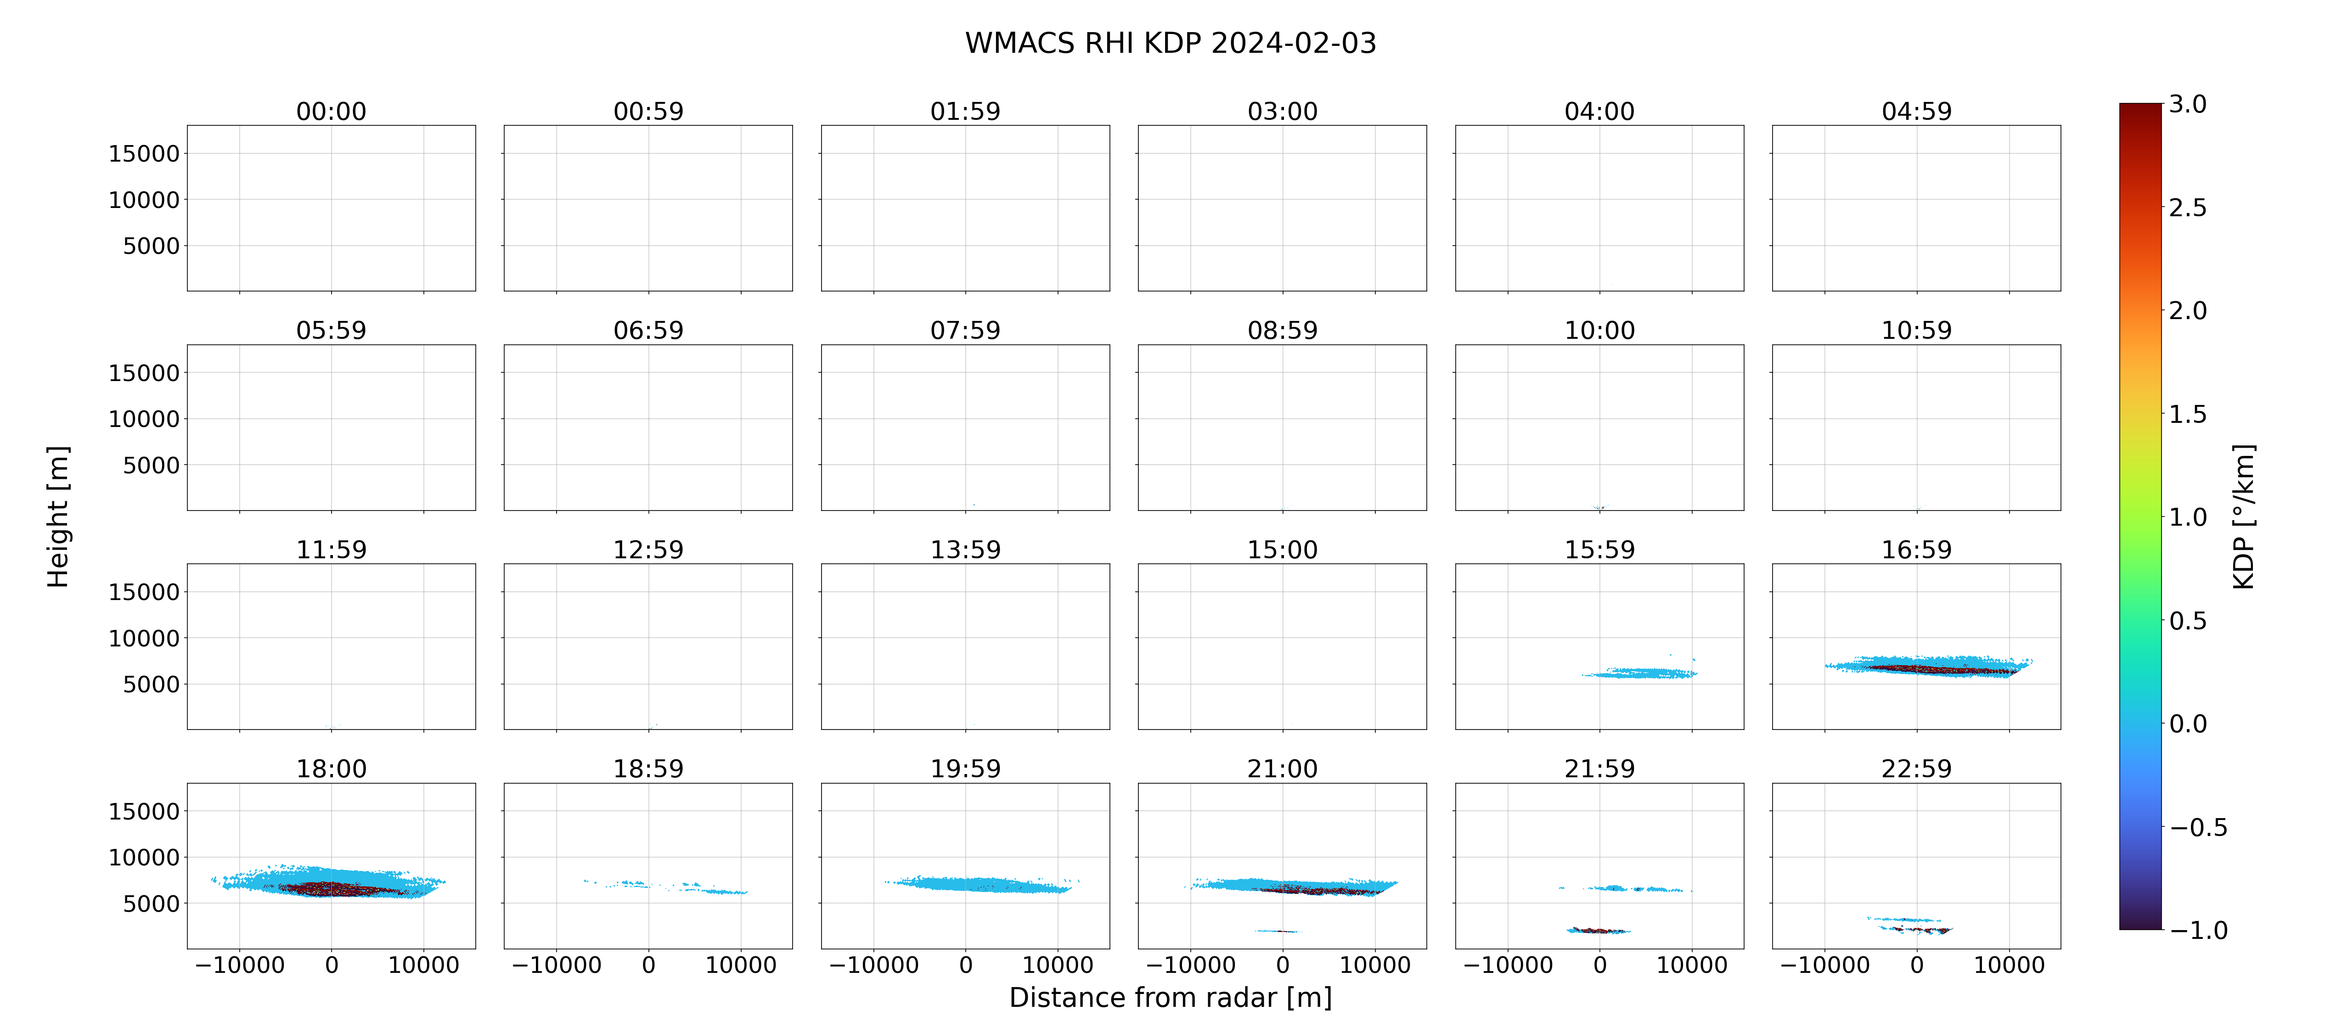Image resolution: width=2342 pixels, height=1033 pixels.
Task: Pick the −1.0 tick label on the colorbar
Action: (2198, 930)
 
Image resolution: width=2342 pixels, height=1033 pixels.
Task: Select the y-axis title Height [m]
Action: (58, 516)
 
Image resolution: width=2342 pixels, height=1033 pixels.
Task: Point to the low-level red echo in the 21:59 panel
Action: (1599, 930)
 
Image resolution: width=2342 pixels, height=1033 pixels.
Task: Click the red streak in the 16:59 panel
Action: (1941, 669)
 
